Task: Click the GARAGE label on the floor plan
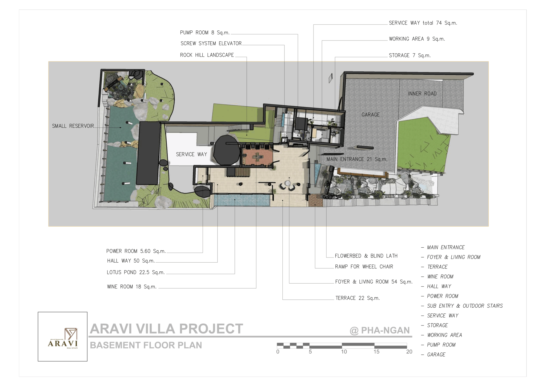pyautogui.click(x=371, y=115)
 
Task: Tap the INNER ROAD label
pyautogui.click(x=422, y=94)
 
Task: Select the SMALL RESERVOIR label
pyautogui.click(x=73, y=126)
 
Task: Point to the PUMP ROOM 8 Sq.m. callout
pyautogui.click(x=205, y=33)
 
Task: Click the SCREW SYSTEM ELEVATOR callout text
pyautogui.click(x=211, y=43)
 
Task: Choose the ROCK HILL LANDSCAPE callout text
pyautogui.click(x=207, y=55)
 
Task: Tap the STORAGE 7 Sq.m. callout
pyautogui.click(x=410, y=55)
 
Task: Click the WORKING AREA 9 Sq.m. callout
pyautogui.click(x=417, y=39)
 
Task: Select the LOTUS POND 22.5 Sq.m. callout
pyautogui.click(x=136, y=272)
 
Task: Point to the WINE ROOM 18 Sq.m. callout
pyautogui.click(x=132, y=287)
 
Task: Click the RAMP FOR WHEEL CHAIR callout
pyautogui.click(x=364, y=267)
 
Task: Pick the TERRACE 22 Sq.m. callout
pyautogui.click(x=358, y=298)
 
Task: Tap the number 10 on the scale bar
pyautogui.click(x=344, y=352)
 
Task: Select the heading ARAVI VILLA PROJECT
pyautogui.click(x=167, y=329)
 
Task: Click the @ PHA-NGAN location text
pyautogui.click(x=380, y=330)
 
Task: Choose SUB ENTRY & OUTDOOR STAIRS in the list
pyautogui.click(x=465, y=306)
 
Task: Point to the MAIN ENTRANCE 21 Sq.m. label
pyautogui.click(x=357, y=159)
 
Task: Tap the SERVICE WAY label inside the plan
pyautogui.click(x=191, y=154)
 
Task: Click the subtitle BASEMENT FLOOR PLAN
pyautogui.click(x=146, y=345)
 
